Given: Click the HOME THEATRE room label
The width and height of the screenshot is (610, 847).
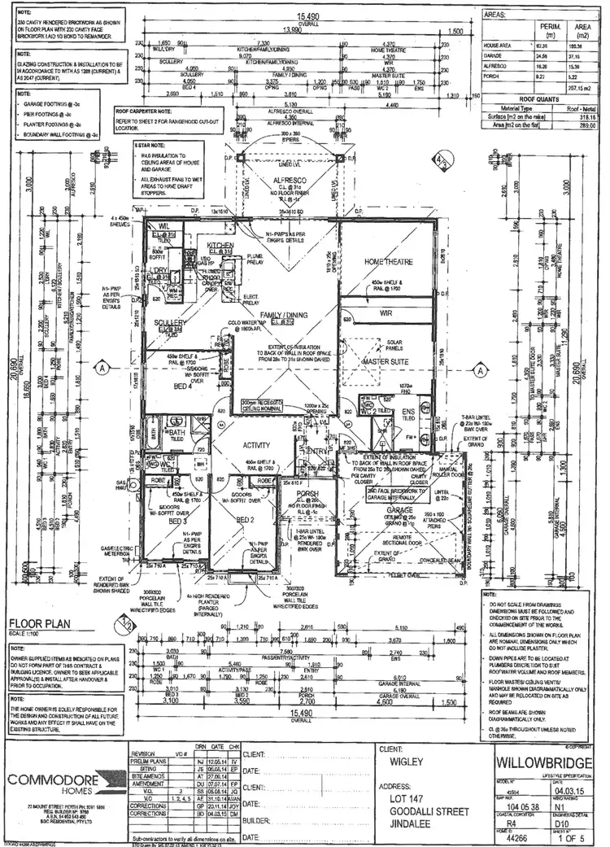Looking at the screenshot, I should pyautogui.click(x=388, y=262).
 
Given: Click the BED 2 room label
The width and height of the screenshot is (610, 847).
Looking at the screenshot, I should pyautogui.click(x=246, y=520).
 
